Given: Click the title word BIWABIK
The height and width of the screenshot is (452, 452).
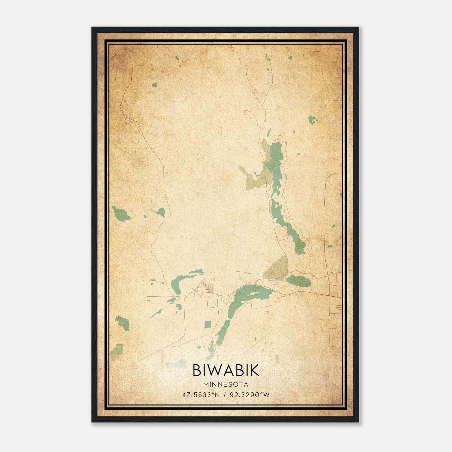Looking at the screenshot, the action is point(226,370).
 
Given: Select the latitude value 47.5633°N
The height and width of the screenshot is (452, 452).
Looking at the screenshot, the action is point(201,395).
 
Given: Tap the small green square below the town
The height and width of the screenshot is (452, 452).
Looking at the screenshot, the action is point(208,325).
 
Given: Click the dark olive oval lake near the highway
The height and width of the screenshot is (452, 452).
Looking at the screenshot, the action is point(298,281).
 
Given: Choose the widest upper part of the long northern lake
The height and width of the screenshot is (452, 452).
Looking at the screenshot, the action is point(275,158).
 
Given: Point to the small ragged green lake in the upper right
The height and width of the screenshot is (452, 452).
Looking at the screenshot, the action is point(312,120).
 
